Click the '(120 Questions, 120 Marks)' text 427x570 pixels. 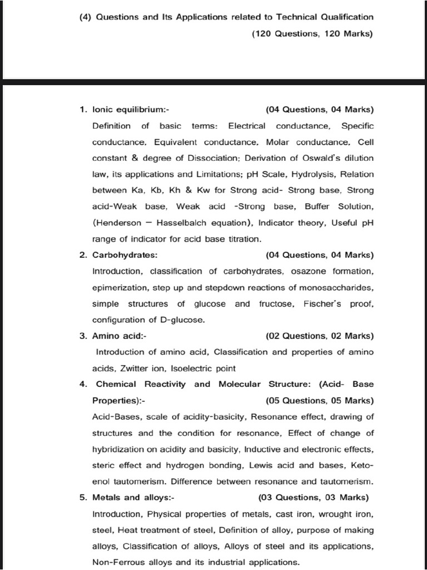pos(312,33)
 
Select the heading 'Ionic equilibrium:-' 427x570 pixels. pos(127,109)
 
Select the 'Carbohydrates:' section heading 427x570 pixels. pos(125,255)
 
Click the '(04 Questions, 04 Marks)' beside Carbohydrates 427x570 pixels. pos(320,255)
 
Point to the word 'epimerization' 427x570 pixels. pos(118,287)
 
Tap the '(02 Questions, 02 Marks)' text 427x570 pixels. pos(320,336)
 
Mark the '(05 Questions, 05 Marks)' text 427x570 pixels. pos(320,400)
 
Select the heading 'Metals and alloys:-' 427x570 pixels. pos(133,497)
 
